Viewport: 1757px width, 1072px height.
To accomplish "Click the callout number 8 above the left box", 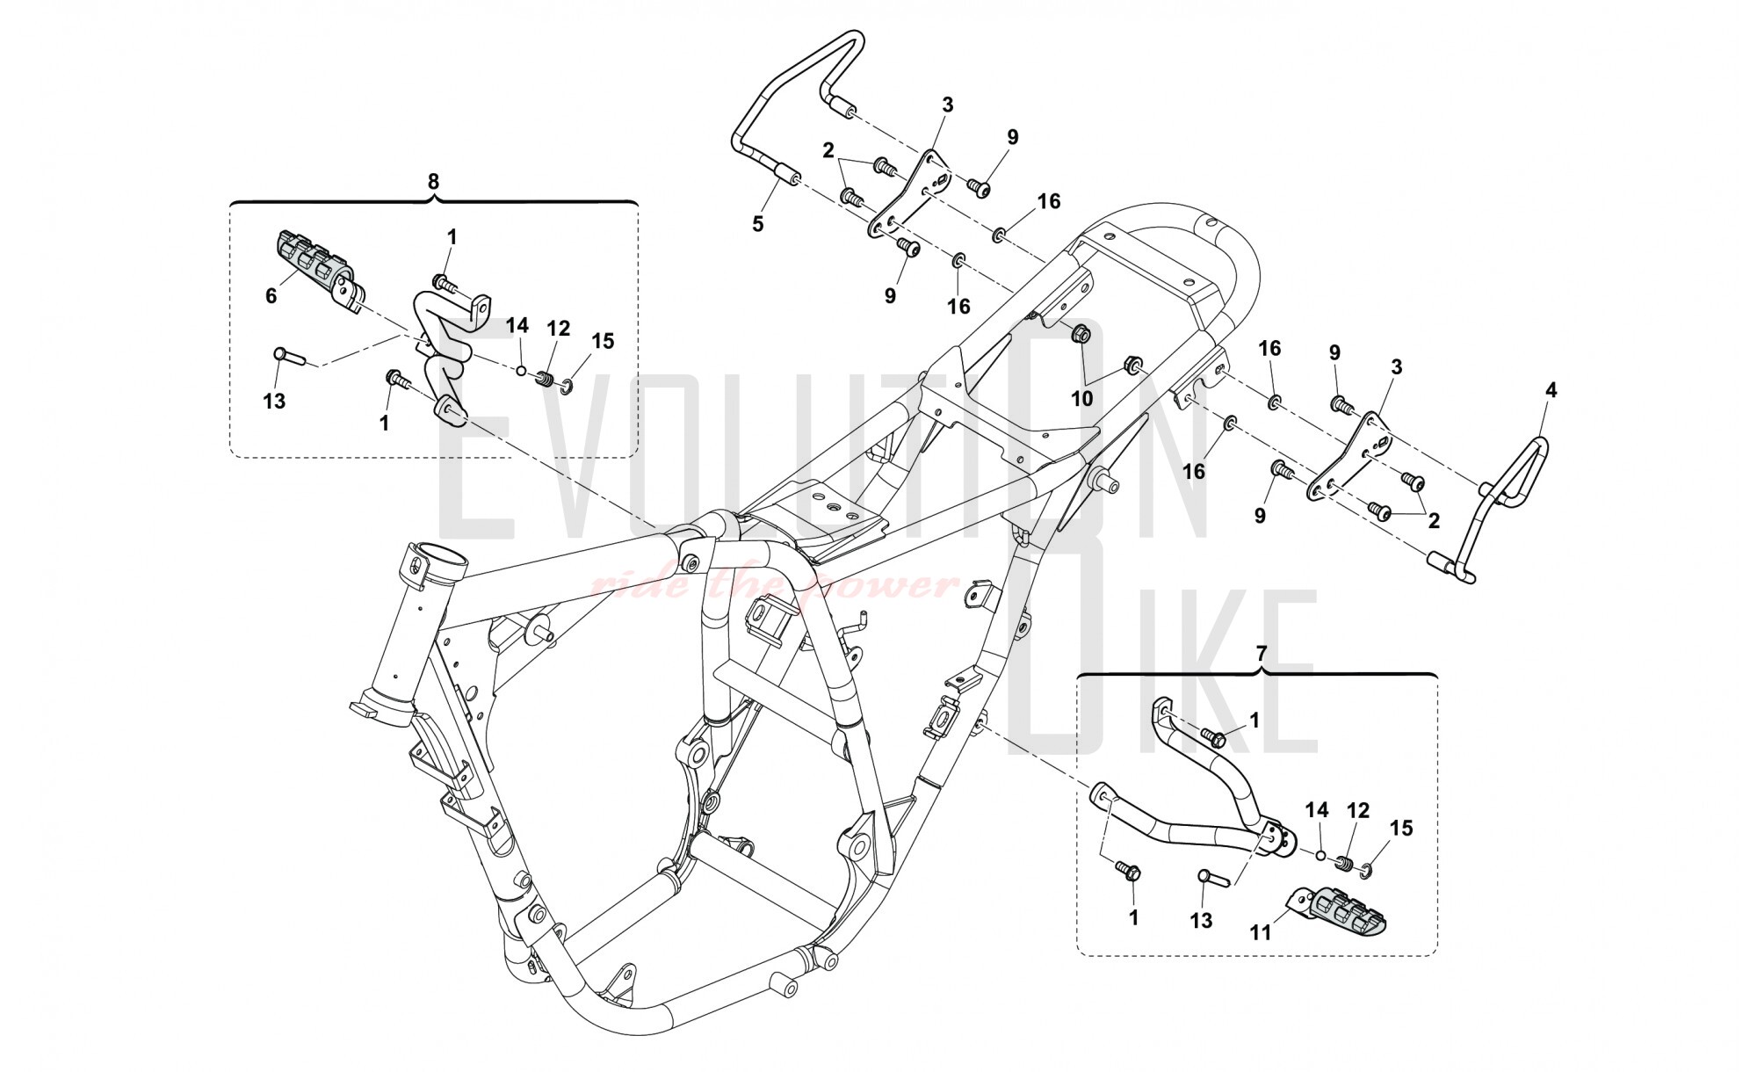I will (432, 181).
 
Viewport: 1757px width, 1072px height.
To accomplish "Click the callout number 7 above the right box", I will (1261, 653).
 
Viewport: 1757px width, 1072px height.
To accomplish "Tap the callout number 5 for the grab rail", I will (757, 223).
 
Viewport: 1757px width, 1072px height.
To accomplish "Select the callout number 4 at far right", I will (1551, 390).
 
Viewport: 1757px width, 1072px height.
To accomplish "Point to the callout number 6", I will (271, 296).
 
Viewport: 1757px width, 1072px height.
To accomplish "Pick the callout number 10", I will (1081, 398).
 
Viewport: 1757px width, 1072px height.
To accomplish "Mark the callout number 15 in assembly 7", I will (1401, 828).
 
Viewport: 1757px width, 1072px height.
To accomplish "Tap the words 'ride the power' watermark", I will (773, 584).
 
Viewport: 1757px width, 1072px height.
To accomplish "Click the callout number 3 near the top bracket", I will (947, 105).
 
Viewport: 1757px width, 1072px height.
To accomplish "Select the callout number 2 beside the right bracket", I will (1434, 521).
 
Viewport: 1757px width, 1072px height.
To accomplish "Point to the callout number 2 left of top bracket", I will (828, 150).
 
